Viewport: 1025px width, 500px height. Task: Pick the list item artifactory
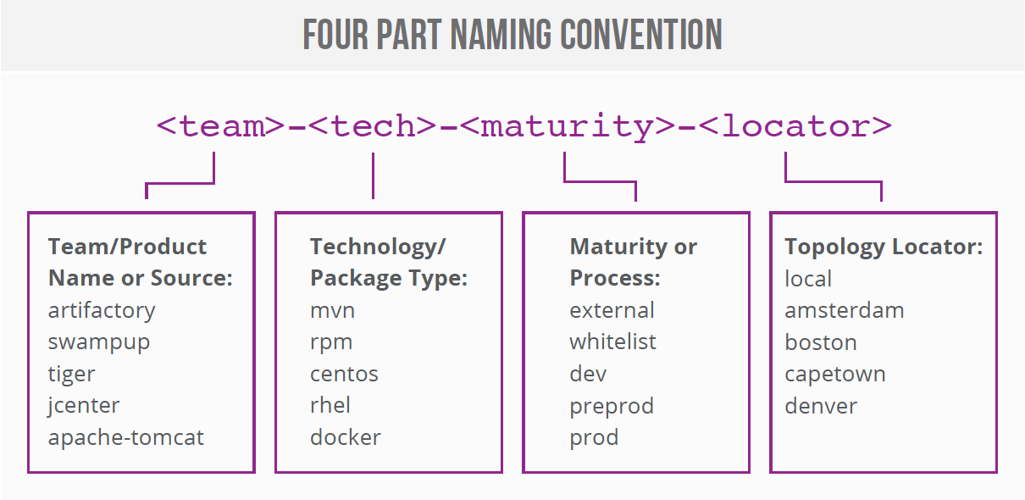pyautogui.click(x=102, y=310)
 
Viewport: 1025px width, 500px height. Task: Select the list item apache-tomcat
pyautogui.click(x=126, y=437)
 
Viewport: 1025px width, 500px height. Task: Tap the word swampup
pyautogui.click(x=99, y=342)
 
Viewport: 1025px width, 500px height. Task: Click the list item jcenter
pyautogui.click(x=84, y=405)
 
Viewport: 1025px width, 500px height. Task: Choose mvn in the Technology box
pyautogui.click(x=332, y=310)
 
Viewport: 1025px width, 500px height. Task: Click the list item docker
pyautogui.click(x=346, y=437)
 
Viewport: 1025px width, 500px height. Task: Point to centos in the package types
pyautogui.click(x=344, y=374)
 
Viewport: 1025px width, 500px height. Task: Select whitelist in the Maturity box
pyautogui.click(x=612, y=342)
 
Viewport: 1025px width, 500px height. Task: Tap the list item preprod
pyautogui.click(x=612, y=406)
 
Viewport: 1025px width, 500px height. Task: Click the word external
pyautogui.click(x=612, y=310)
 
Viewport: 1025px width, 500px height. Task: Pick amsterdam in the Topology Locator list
pyautogui.click(x=844, y=310)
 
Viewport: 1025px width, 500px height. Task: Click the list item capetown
pyautogui.click(x=834, y=374)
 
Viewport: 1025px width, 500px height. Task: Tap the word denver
pyautogui.click(x=821, y=405)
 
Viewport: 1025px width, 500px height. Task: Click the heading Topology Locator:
pyautogui.click(x=884, y=247)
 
